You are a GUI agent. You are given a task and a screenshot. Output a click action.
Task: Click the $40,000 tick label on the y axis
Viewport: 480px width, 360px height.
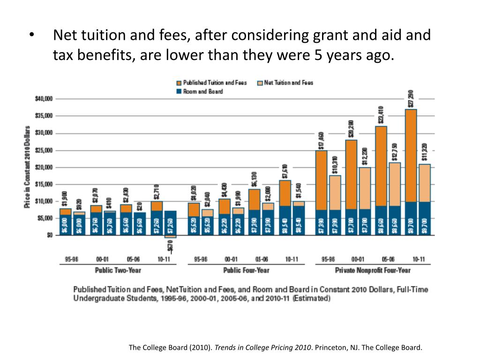coord(44,99)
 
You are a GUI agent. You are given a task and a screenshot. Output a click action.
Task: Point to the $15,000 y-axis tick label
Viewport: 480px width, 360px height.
coord(44,184)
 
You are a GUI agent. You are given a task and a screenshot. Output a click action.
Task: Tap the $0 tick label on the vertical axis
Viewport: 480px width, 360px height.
coord(49,235)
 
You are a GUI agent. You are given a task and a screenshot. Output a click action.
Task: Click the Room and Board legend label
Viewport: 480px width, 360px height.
coord(202,91)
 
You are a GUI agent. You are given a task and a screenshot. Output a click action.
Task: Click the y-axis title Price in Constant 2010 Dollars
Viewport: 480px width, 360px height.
coord(28,166)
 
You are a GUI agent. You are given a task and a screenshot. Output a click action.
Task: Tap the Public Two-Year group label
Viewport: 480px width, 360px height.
coord(118,270)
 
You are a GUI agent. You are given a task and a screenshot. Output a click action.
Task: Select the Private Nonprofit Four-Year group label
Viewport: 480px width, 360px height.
coord(373,270)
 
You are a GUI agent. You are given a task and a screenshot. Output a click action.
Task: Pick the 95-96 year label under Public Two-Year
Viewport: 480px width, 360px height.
coord(72,259)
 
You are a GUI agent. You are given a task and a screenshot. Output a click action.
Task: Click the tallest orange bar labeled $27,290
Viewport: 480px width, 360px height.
coord(411,155)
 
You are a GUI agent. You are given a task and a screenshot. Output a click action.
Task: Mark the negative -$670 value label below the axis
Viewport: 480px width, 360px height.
coord(170,247)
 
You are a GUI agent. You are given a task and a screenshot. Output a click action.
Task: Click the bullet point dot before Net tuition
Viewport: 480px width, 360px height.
coord(32,37)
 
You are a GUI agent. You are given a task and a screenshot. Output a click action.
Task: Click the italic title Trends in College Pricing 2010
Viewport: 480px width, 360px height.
coord(263,348)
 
